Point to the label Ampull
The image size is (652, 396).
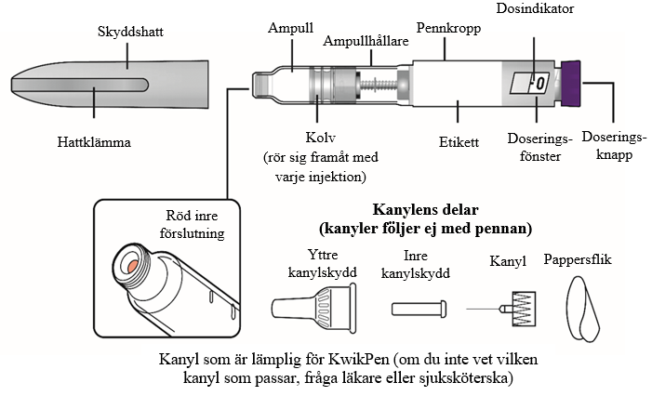(x=290, y=28)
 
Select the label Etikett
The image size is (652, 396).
(x=458, y=143)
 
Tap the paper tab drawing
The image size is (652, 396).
(x=588, y=310)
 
